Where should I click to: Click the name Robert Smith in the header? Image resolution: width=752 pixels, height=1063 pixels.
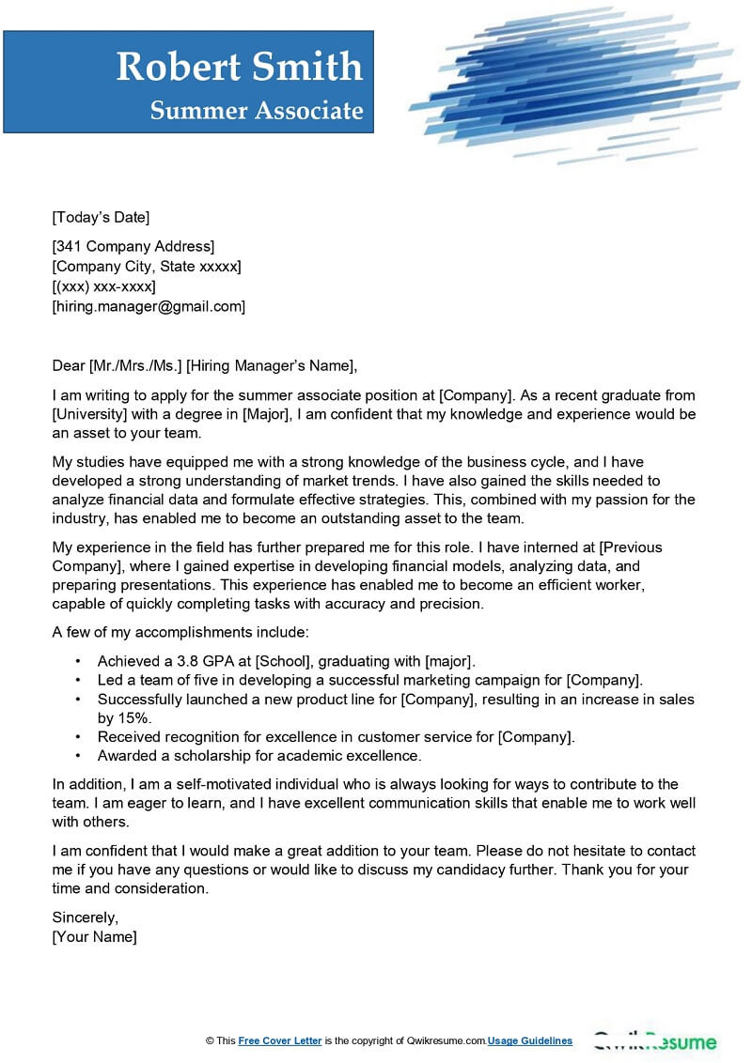pyautogui.click(x=239, y=67)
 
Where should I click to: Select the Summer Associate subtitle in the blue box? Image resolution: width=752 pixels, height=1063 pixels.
pyautogui.click(x=256, y=111)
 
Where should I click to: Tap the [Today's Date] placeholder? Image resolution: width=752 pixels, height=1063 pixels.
pyautogui.click(x=101, y=218)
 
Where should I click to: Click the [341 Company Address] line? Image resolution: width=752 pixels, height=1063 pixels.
pyautogui.click(x=133, y=247)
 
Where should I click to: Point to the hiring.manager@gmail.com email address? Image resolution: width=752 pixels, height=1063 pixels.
pyautogui.click(x=149, y=306)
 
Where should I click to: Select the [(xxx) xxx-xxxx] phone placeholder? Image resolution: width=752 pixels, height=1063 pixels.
pyautogui.click(x=104, y=286)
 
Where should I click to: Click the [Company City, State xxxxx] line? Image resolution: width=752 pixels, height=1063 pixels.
pyautogui.click(x=147, y=267)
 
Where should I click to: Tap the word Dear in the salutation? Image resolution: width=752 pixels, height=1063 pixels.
pyautogui.click(x=69, y=366)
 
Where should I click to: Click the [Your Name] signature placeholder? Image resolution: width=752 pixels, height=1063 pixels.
pyautogui.click(x=95, y=937)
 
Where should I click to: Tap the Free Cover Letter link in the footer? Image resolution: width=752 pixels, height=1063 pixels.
pyautogui.click(x=280, y=1040)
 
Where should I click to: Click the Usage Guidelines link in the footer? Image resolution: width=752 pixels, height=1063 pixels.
pyautogui.click(x=530, y=1040)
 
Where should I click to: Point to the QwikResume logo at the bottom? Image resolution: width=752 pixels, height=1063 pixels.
pyautogui.click(x=654, y=1041)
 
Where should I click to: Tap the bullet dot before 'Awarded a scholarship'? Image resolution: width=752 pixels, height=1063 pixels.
pyautogui.click(x=77, y=756)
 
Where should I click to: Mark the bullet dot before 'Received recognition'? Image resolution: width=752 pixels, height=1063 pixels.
pyautogui.click(x=77, y=737)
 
